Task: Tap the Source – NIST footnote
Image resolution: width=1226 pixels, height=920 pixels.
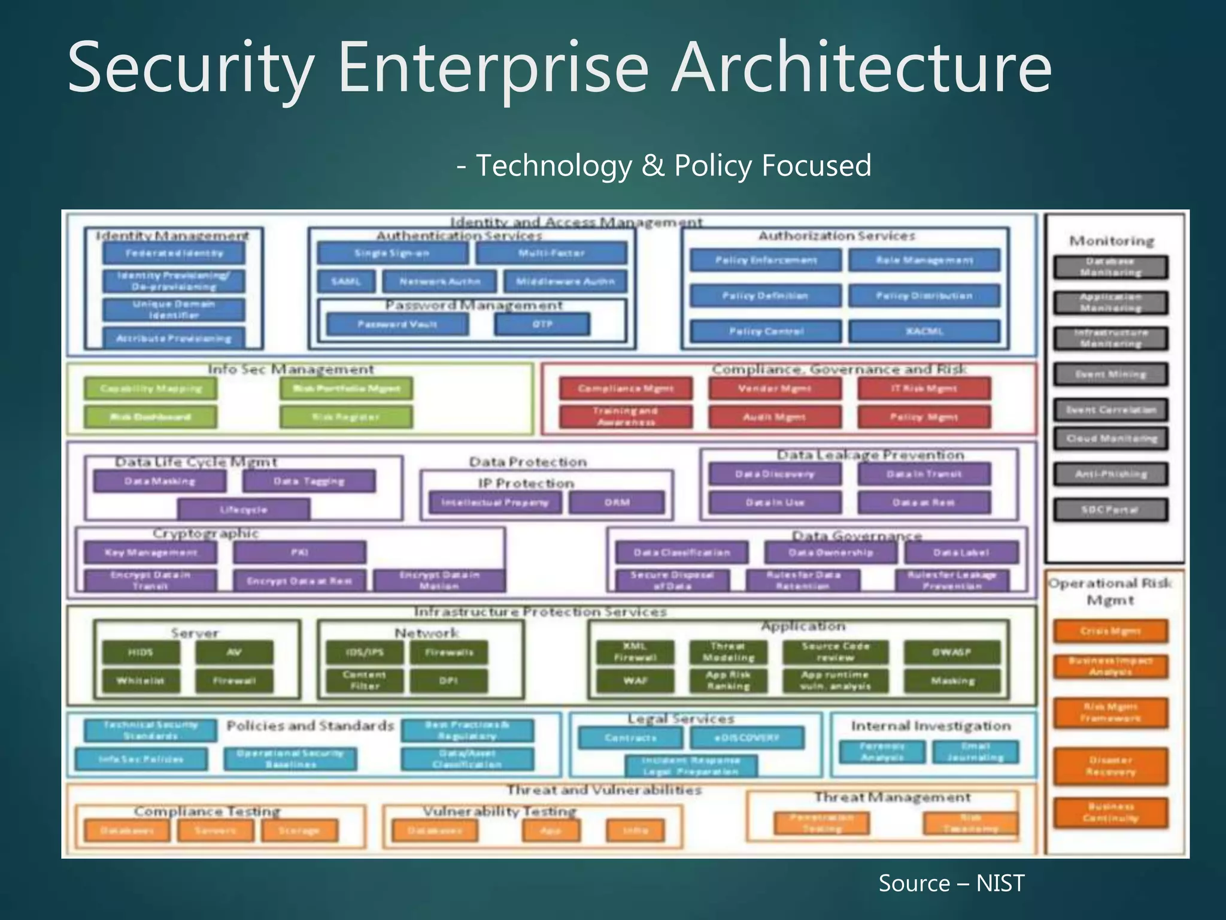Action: (x=951, y=883)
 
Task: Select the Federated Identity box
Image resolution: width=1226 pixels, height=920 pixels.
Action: (x=174, y=253)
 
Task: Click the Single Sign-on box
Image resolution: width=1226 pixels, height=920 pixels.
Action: (x=392, y=253)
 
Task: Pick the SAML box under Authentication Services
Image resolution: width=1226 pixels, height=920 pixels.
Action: (x=346, y=282)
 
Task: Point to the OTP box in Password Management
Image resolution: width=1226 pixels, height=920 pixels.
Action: (x=542, y=325)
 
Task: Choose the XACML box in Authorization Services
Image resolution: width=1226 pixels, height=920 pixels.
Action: (x=924, y=331)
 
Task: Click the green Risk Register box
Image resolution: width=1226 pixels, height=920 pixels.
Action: (x=346, y=417)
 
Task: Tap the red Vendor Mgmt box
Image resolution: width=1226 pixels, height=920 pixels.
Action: (x=775, y=389)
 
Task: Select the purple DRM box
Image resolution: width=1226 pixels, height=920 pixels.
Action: (x=617, y=503)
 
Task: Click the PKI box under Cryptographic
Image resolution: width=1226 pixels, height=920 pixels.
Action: (x=299, y=552)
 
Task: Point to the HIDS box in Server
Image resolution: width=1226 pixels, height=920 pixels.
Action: (x=141, y=652)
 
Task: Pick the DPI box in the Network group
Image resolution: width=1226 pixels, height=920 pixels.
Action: (x=448, y=680)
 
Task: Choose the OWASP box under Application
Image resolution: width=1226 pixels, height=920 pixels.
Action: (x=952, y=652)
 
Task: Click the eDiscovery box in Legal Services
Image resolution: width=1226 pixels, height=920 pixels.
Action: (x=746, y=738)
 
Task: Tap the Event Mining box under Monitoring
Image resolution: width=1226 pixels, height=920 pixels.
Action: (x=1110, y=374)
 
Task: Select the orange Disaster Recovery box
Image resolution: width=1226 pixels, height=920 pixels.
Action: (x=1110, y=766)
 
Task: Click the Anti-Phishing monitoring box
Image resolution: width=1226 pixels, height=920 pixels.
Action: (x=1110, y=474)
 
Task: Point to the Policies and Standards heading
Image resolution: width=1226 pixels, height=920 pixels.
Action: (x=310, y=726)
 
